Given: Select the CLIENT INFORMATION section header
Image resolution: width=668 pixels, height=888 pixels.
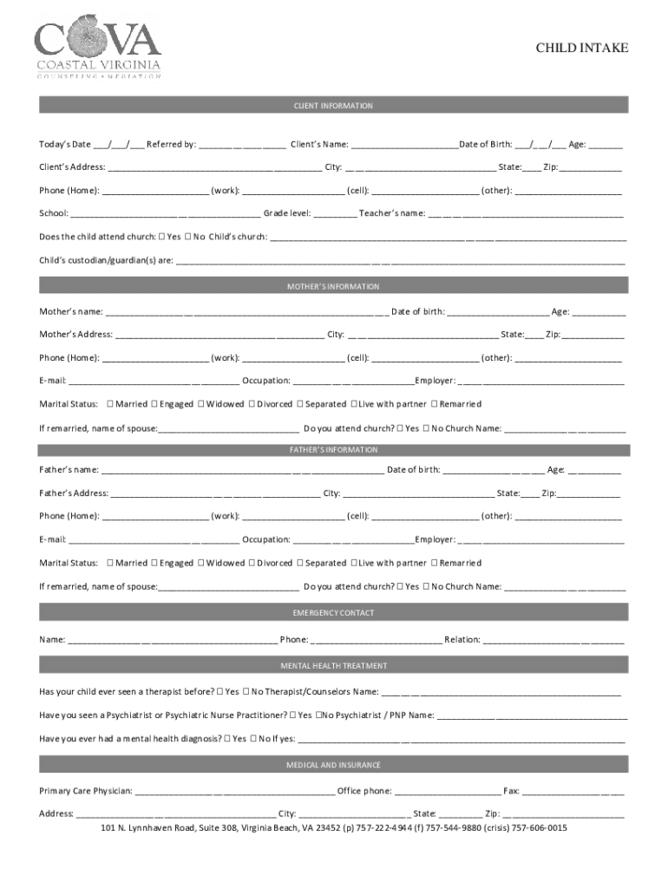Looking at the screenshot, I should click(x=333, y=106).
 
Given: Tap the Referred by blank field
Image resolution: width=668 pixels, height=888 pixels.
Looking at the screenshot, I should click(x=242, y=145).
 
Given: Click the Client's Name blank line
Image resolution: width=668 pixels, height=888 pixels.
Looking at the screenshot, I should click(x=404, y=145).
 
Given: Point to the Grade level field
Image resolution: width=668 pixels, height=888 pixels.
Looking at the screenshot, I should click(x=334, y=213).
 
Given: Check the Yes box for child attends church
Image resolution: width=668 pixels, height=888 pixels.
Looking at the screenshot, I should click(x=162, y=236).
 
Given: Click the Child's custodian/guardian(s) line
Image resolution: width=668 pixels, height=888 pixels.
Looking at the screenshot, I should click(x=400, y=259).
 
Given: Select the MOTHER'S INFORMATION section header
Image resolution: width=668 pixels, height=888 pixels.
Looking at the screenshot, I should click(x=333, y=286).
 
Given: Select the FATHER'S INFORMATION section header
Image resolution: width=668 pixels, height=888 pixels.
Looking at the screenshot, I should click(x=333, y=450).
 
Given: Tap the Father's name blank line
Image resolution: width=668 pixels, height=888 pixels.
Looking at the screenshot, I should click(x=242, y=471).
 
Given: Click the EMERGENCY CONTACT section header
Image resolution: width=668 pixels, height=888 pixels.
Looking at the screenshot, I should click(x=333, y=613).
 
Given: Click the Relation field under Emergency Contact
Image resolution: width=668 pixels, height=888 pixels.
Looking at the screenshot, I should click(x=553, y=640).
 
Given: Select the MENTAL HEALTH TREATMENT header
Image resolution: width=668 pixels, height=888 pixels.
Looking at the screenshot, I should click(x=333, y=666).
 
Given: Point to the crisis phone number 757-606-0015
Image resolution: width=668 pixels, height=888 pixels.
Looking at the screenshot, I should click(x=540, y=828).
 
